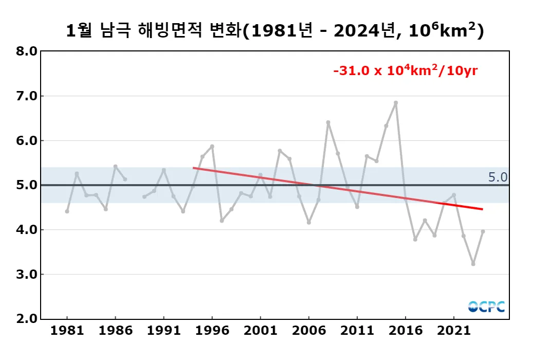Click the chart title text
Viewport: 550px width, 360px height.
(x=275, y=31)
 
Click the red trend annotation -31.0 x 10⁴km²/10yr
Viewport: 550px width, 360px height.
(x=406, y=70)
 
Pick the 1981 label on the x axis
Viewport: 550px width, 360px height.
(x=67, y=330)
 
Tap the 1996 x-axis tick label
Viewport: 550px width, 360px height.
(x=212, y=330)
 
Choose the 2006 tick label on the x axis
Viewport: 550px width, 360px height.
(x=309, y=330)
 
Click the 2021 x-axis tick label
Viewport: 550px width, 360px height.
(x=454, y=330)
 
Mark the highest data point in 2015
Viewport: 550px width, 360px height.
(x=396, y=103)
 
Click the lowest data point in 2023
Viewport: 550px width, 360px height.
(x=473, y=264)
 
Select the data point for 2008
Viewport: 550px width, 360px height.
(x=328, y=122)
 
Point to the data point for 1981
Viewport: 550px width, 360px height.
(x=67, y=211)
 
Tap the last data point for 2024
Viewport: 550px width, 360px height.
(x=483, y=231)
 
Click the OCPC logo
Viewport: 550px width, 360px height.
(x=486, y=307)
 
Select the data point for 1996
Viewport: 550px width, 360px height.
(x=212, y=147)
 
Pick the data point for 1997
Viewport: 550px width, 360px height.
(x=222, y=221)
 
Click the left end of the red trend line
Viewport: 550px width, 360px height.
(x=193, y=168)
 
